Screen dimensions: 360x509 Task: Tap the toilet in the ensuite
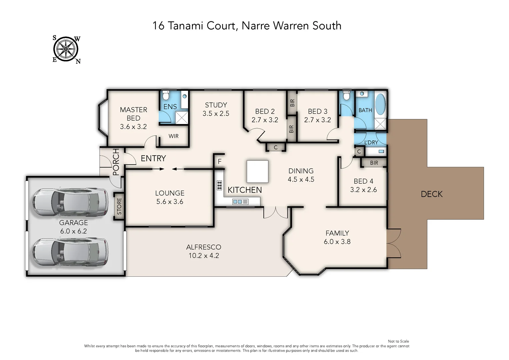pyautogui.click(x=166, y=95)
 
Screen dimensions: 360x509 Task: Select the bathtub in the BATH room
pyautogui.click(x=380, y=104)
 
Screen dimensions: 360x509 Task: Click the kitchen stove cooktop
pyautogui.click(x=219, y=185)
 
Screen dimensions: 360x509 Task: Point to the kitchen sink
pyautogui.click(x=240, y=202)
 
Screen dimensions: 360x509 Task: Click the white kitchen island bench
pyautogui.click(x=257, y=171)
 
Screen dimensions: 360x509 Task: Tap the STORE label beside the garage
pyautogui.click(x=119, y=206)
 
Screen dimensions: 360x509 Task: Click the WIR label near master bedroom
pyautogui.click(x=173, y=136)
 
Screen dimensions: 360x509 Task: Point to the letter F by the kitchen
pyautogui.click(x=220, y=162)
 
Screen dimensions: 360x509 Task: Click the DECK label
pyautogui.click(x=432, y=194)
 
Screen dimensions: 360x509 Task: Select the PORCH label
pyautogui.click(x=116, y=162)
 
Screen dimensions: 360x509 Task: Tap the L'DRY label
pyautogui.click(x=371, y=142)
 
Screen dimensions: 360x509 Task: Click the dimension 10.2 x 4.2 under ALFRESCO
pyautogui.click(x=204, y=256)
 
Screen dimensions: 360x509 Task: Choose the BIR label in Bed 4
pyautogui.click(x=374, y=163)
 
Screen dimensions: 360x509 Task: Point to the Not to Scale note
pyautogui.click(x=398, y=341)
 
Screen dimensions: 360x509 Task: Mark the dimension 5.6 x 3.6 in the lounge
pyautogui.click(x=170, y=202)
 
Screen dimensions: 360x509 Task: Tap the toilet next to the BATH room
pyautogui.click(x=347, y=95)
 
